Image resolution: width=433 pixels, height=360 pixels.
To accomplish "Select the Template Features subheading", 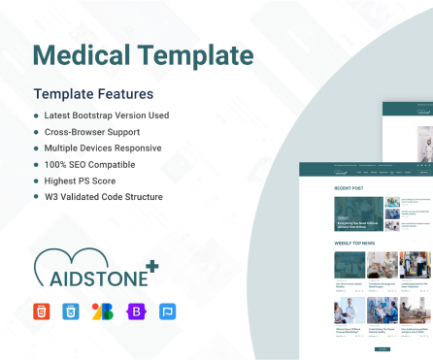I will (93, 95).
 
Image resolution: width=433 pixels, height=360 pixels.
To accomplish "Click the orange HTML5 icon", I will (42, 311).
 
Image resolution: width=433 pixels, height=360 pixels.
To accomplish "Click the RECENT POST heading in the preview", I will (349, 187).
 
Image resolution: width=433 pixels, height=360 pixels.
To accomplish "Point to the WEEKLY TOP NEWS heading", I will (355, 242).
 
